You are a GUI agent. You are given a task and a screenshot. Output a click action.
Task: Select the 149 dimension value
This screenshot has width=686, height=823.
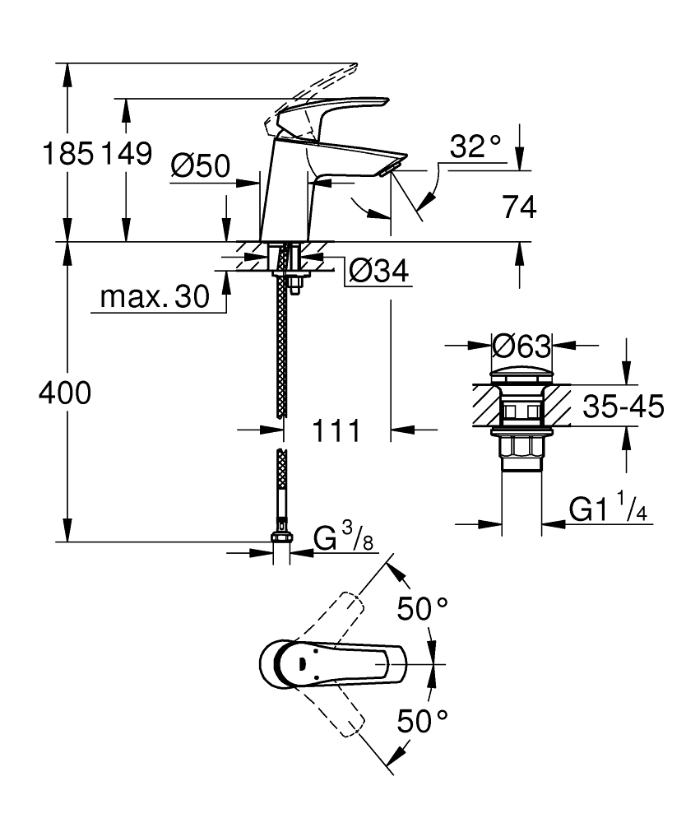click(x=126, y=153)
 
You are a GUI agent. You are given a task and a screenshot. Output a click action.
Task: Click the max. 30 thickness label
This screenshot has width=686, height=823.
click(x=155, y=298)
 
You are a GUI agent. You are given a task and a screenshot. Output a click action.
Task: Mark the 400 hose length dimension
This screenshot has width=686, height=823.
click(x=65, y=394)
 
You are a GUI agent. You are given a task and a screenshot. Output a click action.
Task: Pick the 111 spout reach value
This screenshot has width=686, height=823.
click(x=336, y=430)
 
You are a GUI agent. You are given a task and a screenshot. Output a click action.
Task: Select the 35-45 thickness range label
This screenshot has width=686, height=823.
click(x=623, y=407)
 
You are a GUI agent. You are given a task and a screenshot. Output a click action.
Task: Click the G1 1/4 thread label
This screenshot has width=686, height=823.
click(x=608, y=510)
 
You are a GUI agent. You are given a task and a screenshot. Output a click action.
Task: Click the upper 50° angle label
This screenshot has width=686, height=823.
click(x=423, y=609)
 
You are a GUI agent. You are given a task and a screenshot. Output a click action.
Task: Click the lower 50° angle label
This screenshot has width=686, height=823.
click(x=423, y=722)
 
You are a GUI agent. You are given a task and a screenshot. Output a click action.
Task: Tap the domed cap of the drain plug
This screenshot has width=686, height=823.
click(x=520, y=372)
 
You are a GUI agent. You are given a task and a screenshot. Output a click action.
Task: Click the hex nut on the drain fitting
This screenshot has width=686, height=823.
click(x=521, y=447)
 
